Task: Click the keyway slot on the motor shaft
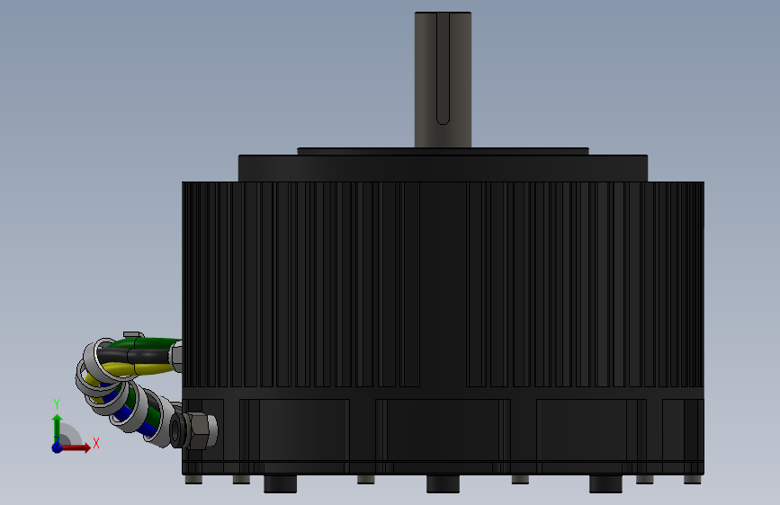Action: click(x=443, y=68)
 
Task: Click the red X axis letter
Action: click(x=96, y=443)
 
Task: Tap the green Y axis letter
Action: click(x=56, y=404)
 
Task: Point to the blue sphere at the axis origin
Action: click(x=58, y=447)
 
